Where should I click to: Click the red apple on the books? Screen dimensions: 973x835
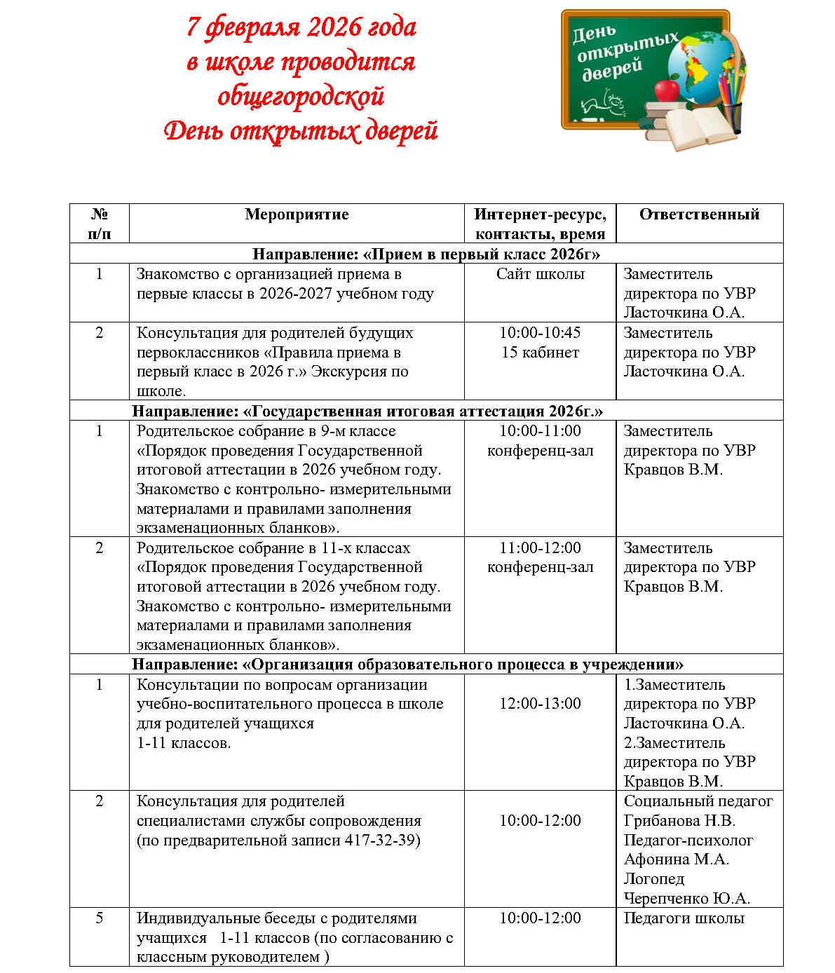coord(666,90)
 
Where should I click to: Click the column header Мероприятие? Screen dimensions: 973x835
coord(297,215)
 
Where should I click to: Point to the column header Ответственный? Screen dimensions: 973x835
coord(699,215)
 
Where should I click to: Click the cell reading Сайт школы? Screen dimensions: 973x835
coord(540,274)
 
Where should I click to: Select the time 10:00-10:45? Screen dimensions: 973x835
coord(540,333)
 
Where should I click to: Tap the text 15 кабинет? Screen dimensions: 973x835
coord(540,353)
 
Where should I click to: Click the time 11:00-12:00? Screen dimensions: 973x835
coord(540,548)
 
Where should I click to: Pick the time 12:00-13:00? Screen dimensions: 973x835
coord(540,704)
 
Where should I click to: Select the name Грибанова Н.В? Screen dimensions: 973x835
coord(679,821)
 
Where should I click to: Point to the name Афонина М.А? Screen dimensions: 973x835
coord(677,859)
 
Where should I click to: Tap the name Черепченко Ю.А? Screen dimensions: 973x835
coord(687,899)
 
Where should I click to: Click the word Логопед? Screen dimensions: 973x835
coord(654,879)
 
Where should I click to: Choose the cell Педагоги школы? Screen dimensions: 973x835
coord(684,918)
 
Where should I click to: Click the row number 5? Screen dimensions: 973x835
coord(99,918)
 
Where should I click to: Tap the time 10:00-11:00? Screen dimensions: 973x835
coord(540,431)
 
